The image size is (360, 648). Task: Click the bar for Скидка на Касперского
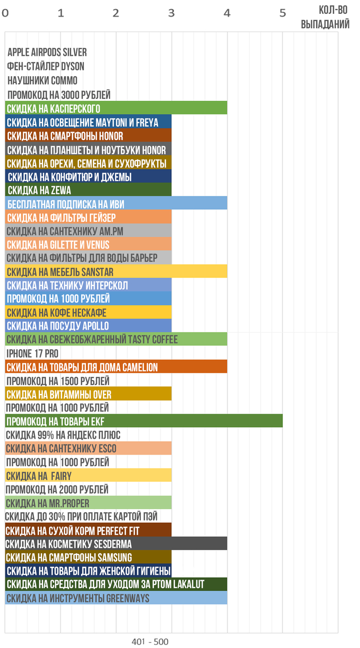[x=116, y=108]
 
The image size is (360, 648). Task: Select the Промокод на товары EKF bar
[x=144, y=421]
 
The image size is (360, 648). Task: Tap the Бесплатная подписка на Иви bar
[x=116, y=203]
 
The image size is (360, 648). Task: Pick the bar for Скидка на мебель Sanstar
[x=116, y=272]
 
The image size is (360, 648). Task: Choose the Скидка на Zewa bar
[x=88, y=190]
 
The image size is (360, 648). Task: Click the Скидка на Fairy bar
[x=88, y=475]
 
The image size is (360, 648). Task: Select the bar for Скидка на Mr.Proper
[x=88, y=502]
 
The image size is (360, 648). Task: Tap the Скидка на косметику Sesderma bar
[x=116, y=544]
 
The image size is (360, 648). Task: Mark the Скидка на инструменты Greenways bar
[x=116, y=598]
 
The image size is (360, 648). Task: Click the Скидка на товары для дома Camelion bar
[x=116, y=367]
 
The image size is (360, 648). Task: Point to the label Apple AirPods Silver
[x=47, y=52]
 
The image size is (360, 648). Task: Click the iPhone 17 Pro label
[x=32, y=353]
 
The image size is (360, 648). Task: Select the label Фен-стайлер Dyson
[x=46, y=66]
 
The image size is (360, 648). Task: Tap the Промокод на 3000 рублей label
[x=59, y=95]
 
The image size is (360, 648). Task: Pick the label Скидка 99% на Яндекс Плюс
[x=63, y=435]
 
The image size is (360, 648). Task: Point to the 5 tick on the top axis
[x=282, y=13]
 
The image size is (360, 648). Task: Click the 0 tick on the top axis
[x=5, y=13]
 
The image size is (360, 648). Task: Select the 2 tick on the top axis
[x=116, y=13]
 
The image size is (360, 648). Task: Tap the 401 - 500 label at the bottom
[x=150, y=641]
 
